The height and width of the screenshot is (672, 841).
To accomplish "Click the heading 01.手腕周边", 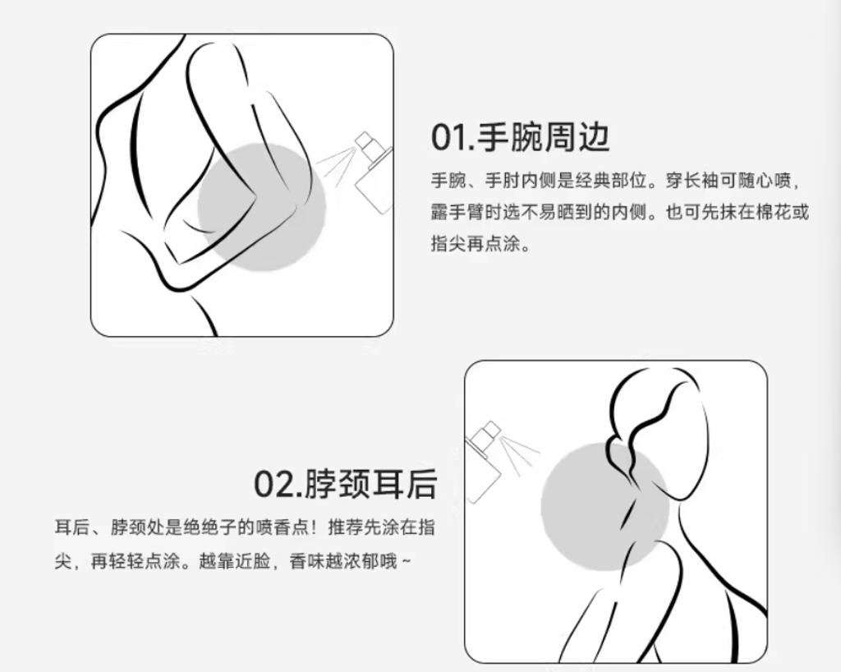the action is coord(520,137).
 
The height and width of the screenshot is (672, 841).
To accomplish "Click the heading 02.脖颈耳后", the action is coord(345,484).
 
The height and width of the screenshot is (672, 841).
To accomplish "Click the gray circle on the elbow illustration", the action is coord(262,207).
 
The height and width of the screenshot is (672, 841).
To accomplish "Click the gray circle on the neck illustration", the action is coord(605,506).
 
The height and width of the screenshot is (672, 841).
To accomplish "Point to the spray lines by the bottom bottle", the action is coord(519,455).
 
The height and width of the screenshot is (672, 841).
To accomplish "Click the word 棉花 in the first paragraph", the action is coord(774,213).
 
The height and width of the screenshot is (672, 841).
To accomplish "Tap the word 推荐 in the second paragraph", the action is coord(346,527).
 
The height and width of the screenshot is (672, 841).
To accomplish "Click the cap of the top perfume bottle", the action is coord(364,141).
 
